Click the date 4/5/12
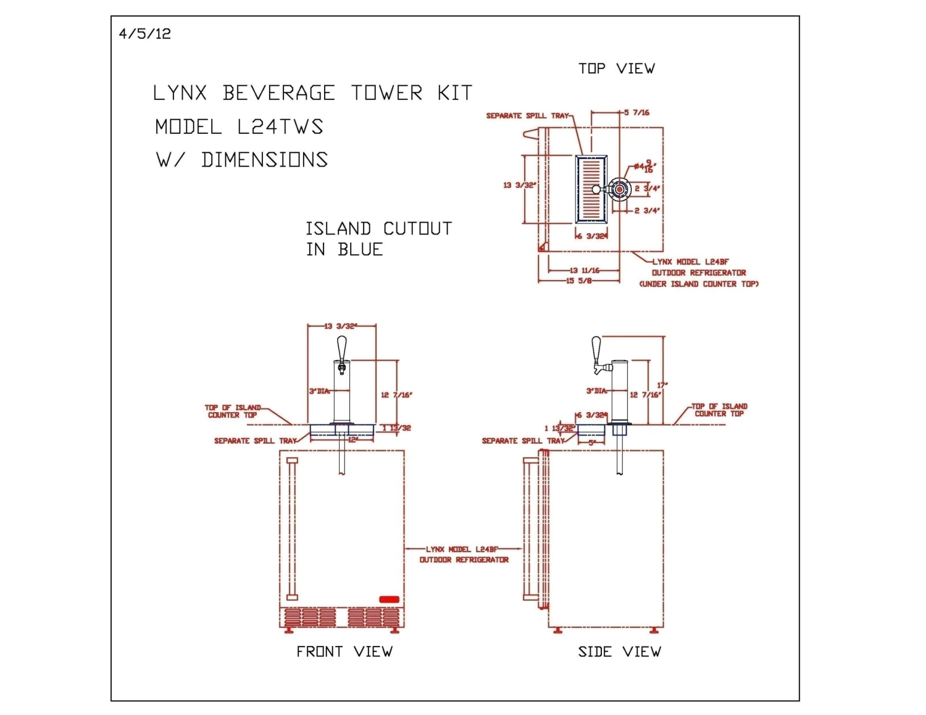(144, 34)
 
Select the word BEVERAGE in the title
(278, 93)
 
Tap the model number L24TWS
(280, 127)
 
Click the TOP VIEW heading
(616, 68)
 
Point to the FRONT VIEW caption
(344, 651)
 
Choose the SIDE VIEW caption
(619, 651)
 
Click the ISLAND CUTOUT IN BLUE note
(378, 239)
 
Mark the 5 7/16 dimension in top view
(637, 113)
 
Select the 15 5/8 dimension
(578, 281)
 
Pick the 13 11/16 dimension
(584, 270)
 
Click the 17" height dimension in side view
(662, 386)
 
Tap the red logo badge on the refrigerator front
(389, 599)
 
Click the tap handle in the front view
(341, 350)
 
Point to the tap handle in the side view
(596, 350)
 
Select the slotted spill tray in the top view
(591, 189)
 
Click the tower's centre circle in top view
(620, 189)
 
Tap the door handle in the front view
(292, 529)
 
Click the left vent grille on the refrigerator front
(311, 618)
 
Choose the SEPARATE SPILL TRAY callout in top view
(528, 116)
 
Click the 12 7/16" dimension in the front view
(396, 395)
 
